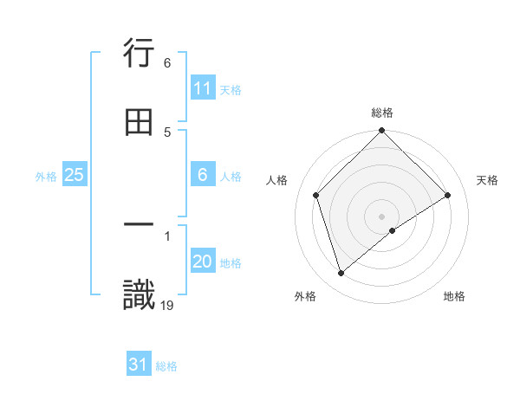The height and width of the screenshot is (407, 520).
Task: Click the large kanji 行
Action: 139,55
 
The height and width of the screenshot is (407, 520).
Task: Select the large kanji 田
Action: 139,123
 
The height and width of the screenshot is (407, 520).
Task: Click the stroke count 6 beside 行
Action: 167,63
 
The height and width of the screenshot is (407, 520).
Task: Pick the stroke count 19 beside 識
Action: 167,304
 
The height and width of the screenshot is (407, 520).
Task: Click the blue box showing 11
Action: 203,88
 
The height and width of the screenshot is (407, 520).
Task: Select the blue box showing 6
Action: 203,176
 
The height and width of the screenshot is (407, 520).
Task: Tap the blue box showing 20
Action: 203,262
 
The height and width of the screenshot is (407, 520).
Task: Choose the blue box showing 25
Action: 75,176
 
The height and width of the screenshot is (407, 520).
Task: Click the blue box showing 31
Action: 139,365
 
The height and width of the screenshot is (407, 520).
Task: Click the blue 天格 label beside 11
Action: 231,89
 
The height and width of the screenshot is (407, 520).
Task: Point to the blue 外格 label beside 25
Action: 46,177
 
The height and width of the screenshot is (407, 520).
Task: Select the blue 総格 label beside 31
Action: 166,366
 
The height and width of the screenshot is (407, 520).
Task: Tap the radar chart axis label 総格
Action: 382,113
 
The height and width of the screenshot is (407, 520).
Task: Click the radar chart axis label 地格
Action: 454,296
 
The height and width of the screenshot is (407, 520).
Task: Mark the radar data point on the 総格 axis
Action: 381,132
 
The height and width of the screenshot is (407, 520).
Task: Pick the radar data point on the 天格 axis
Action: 448,195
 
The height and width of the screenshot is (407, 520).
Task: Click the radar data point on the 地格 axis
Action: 393,230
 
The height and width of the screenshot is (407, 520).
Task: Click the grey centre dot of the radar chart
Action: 381,216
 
